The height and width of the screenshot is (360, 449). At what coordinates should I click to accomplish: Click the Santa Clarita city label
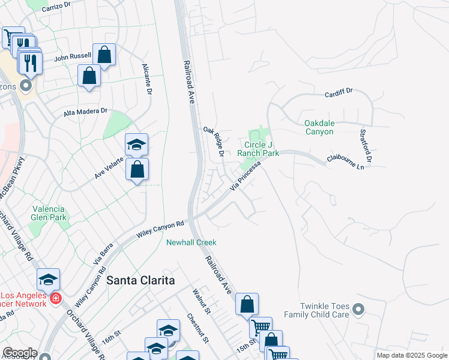coord(140,280)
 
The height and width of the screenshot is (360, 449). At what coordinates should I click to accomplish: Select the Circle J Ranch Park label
coord(258,149)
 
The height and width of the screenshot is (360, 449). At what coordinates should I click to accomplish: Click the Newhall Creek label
coord(191,242)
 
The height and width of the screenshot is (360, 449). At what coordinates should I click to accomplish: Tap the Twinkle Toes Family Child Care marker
coord(358,310)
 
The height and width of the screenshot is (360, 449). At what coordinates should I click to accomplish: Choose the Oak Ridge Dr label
coord(214,141)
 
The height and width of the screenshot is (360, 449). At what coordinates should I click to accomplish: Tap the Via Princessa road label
coord(246,176)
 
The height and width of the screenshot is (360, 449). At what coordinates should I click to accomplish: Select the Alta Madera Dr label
coord(85,112)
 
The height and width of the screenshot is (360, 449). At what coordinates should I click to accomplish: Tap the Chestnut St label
coord(198,328)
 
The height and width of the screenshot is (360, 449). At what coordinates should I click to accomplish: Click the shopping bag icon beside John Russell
coord(104,55)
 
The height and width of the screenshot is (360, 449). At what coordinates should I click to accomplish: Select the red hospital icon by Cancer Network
coord(55,298)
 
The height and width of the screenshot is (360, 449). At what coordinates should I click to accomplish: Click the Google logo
coord(20,353)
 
